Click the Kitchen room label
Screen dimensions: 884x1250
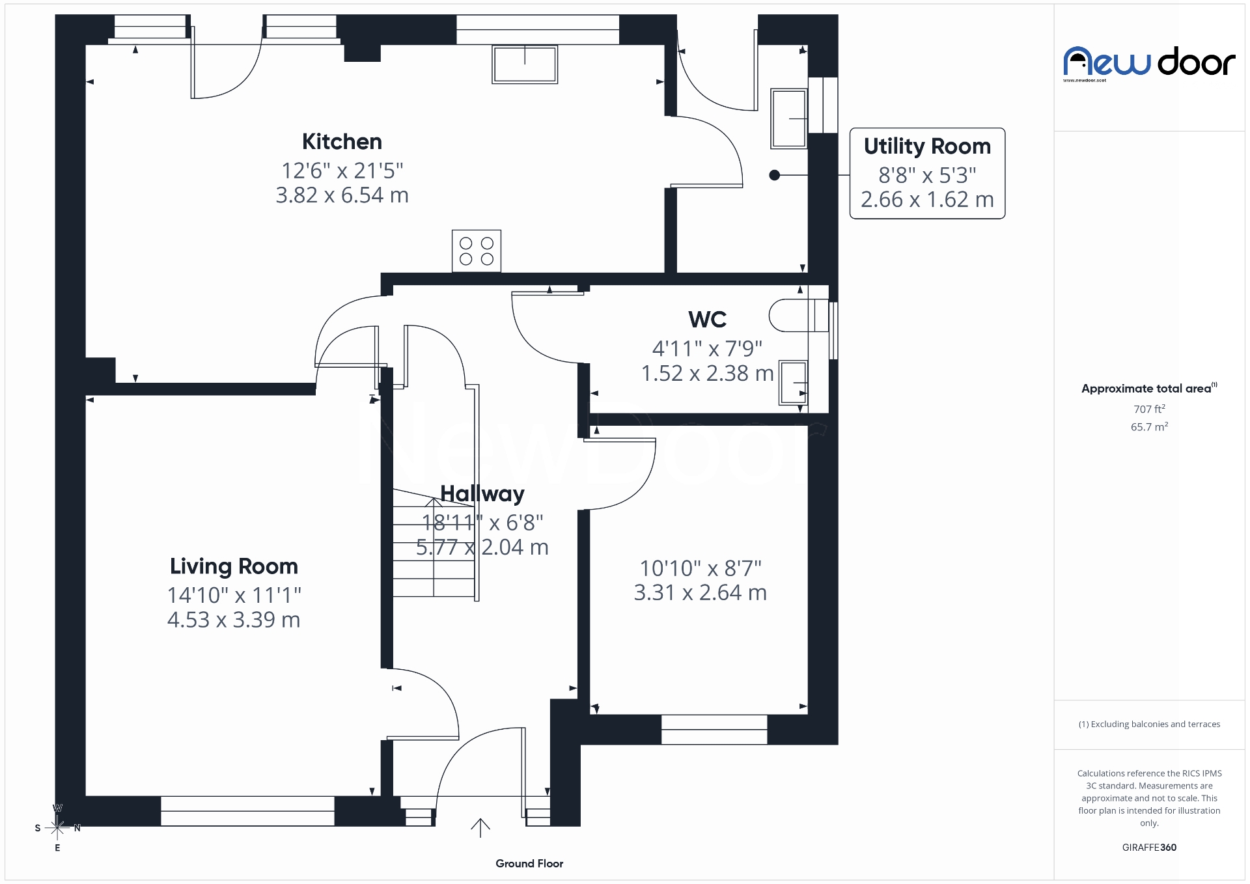coord(342,142)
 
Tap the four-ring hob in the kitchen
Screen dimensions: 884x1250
coord(477,251)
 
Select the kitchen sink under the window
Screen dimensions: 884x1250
coord(525,64)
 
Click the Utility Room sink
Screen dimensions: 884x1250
coord(789,118)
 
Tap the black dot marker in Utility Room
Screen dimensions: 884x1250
coord(774,175)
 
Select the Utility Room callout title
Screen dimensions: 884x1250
coord(927,146)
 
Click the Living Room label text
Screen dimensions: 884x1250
coord(234,566)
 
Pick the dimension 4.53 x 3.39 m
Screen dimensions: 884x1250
coord(234,620)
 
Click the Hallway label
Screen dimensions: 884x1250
coord(482,494)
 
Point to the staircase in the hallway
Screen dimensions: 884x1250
coord(434,547)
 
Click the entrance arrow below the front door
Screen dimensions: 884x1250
coord(480,827)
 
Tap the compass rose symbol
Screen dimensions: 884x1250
coord(57,828)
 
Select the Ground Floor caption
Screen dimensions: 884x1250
coord(529,863)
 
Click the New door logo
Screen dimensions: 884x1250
coord(1149,63)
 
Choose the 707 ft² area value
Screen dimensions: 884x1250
coord(1149,409)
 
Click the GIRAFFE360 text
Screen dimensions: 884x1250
coord(1149,847)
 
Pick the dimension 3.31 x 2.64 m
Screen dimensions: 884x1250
coord(700,593)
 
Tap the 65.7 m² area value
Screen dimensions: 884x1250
coord(1149,427)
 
